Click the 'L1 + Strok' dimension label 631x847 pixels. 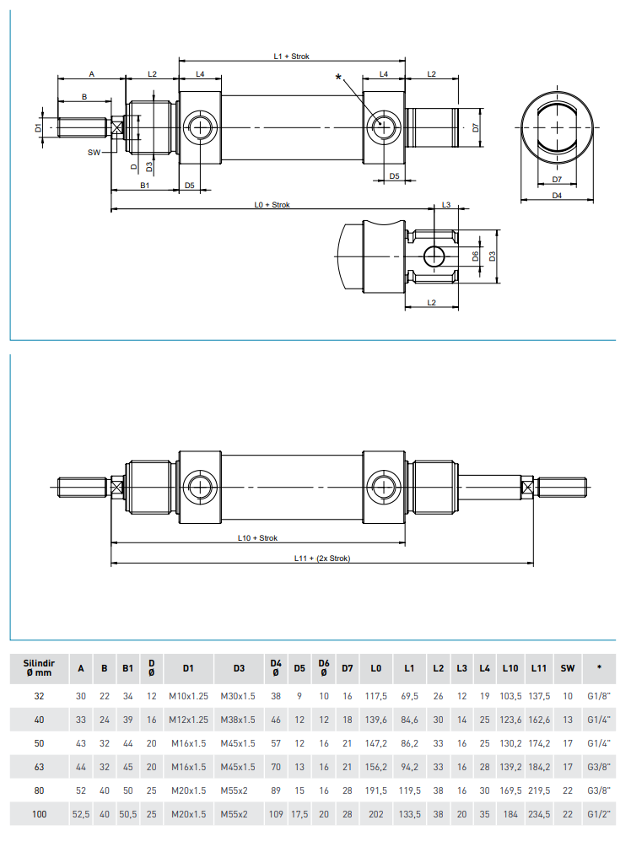coord(292,56)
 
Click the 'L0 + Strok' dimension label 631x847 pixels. coord(272,205)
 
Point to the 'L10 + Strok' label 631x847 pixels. coord(258,537)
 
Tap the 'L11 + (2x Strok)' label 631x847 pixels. coord(321,558)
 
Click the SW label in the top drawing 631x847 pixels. coord(94,153)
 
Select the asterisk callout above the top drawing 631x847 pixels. coord(339,78)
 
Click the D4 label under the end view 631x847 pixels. coord(557,196)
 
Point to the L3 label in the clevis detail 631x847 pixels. coord(445,205)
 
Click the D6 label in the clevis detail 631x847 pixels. coord(476,256)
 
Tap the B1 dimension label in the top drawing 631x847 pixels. coord(144,184)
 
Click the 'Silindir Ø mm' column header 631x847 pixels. coord(39,668)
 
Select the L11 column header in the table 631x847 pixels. coord(539,668)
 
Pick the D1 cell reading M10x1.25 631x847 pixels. coord(188,695)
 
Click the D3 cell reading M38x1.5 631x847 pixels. coord(239,720)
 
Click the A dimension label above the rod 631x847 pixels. coord(91,74)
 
